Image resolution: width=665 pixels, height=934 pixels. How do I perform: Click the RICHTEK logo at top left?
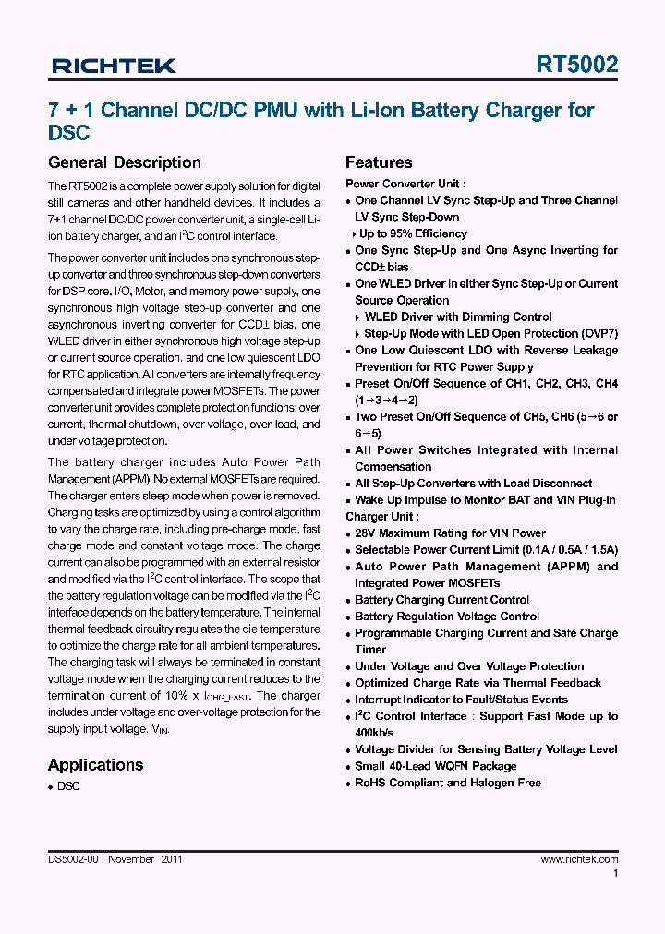(114, 66)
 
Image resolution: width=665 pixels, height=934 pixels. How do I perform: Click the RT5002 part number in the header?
(577, 65)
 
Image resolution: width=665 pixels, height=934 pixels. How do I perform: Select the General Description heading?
(124, 162)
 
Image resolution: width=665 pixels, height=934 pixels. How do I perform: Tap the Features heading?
(379, 162)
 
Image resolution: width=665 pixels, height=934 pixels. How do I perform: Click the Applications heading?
(95, 764)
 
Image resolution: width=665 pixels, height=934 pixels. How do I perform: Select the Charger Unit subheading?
(381, 517)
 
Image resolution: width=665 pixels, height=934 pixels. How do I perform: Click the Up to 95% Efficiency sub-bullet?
(413, 233)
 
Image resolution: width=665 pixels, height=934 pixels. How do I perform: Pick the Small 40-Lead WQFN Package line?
(435, 766)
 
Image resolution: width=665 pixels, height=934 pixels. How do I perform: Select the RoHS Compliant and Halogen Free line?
(448, 783)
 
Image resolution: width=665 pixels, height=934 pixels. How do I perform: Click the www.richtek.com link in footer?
(579, 859)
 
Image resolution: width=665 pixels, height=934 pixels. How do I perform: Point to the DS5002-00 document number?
(73, 859)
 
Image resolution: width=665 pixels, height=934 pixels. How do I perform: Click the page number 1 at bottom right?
(615, 873)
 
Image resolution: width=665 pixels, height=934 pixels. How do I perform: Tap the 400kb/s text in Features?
(381, 733)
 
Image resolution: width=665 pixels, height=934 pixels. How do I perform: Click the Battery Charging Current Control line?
(441, 600)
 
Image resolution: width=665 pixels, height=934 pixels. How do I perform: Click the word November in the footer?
(131, 859)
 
